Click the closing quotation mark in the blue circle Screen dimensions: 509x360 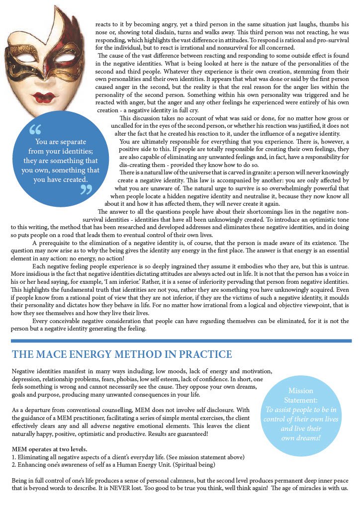pyautogui.click(x=86, y=189)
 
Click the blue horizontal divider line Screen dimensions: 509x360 pyautogui.click(x=181, y=341)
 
